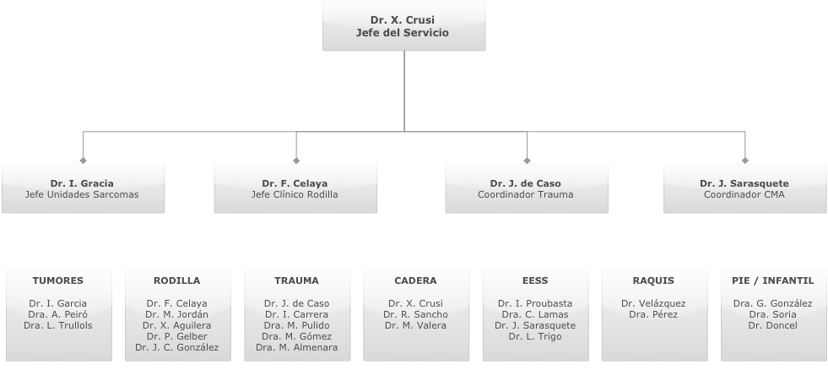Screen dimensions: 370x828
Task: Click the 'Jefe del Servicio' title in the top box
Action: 403,33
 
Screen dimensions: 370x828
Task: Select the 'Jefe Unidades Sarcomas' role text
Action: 83,194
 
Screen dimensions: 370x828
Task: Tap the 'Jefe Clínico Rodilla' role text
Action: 295,194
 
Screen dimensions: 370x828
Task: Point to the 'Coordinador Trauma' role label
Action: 525,194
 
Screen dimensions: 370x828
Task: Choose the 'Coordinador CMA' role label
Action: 744,194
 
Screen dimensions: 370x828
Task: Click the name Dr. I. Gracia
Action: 83,183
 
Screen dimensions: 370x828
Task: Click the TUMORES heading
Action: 58,280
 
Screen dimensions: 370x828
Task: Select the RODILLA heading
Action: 177,280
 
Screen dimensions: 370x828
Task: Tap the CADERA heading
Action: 415,280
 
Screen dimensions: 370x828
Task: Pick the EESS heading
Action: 535,280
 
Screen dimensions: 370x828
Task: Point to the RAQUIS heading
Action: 653,280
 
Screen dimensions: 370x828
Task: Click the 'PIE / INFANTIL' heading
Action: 773,280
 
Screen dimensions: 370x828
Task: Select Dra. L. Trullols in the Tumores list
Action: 58,325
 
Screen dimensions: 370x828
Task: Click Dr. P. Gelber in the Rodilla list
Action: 177,336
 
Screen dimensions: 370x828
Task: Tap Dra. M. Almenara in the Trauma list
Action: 296,347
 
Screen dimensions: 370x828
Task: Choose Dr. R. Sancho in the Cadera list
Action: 415,314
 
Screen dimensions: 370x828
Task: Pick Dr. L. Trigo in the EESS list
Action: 535,336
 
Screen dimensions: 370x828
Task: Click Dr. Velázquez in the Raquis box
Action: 653,303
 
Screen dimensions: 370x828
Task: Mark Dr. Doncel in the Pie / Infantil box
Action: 773,325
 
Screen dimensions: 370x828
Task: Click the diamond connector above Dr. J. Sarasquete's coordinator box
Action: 744,160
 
